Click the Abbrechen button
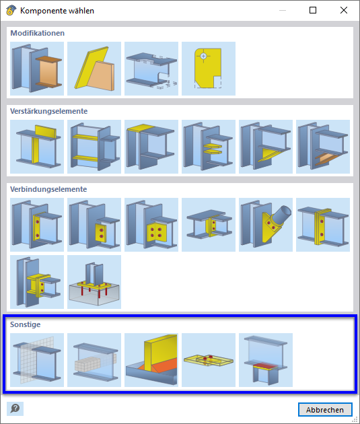325,410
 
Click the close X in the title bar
343,10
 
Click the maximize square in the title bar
313,10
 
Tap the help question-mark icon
15,409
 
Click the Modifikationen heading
37,33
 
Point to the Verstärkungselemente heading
48,111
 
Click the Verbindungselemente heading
48,189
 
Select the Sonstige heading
25,324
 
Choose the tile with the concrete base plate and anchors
94,282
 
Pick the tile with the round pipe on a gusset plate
266,225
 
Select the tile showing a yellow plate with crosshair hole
209,69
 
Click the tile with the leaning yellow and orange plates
94,69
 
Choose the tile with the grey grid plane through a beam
37,360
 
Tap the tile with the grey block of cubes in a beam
94,360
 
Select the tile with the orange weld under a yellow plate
151,360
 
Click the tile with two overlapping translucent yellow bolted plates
209,360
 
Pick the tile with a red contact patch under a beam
266,360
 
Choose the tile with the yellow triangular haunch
266,147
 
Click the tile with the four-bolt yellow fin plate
151,225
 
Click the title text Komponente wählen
57,11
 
